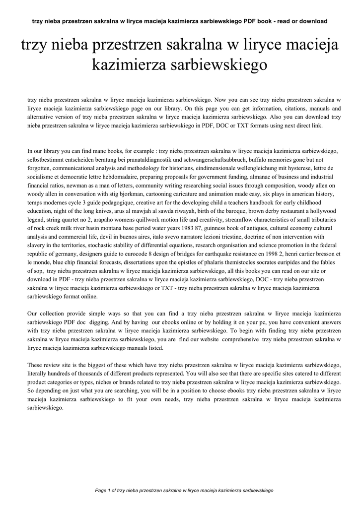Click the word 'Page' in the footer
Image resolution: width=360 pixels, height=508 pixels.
100,490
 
